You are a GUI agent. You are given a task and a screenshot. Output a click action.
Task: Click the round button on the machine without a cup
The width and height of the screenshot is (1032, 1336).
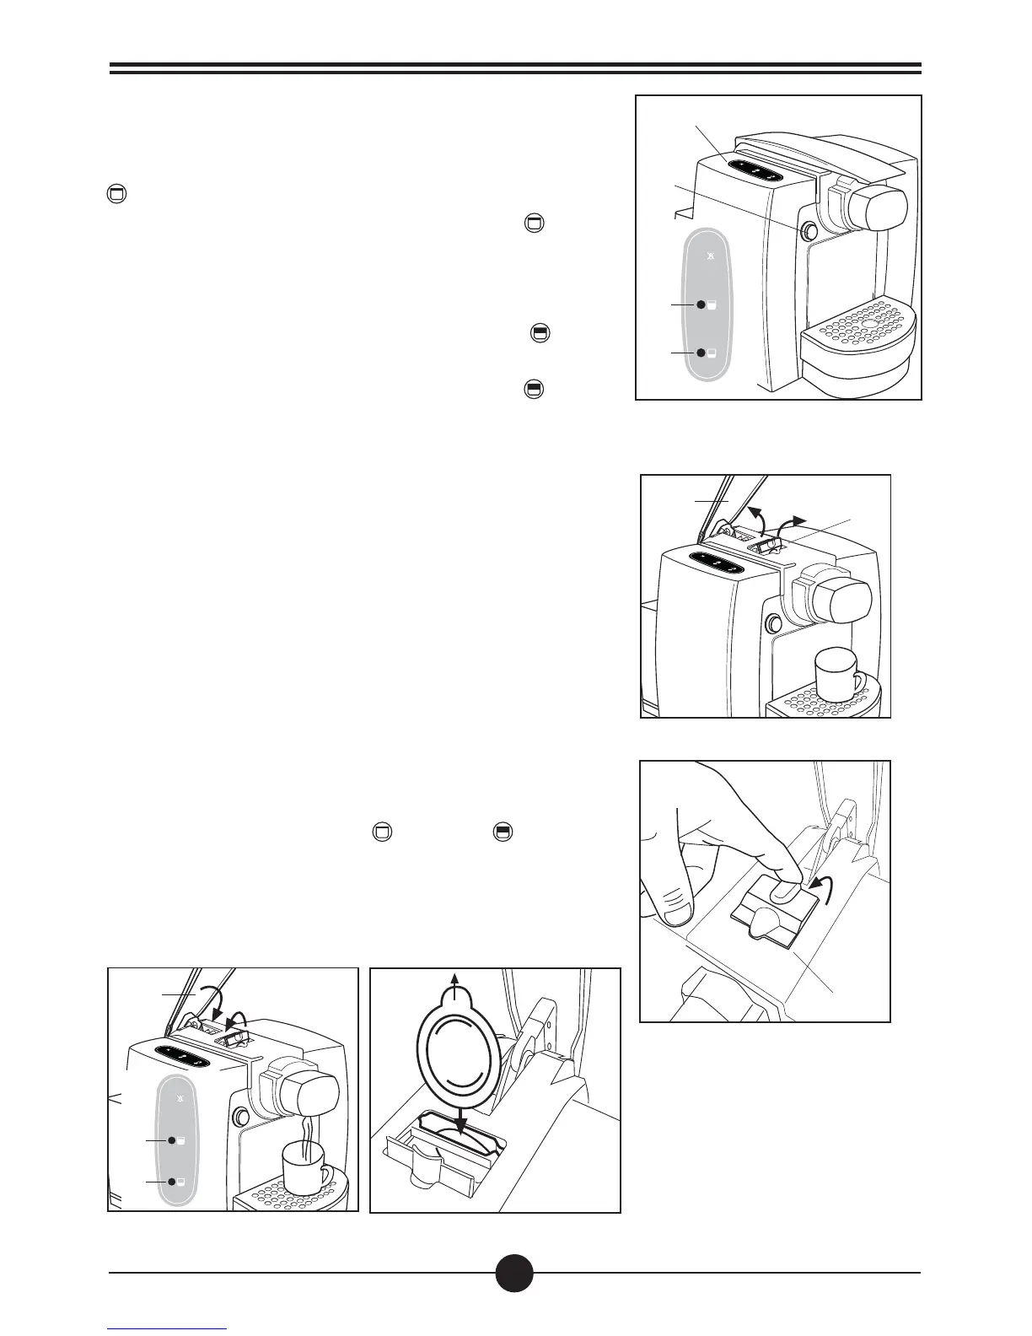point(809,230)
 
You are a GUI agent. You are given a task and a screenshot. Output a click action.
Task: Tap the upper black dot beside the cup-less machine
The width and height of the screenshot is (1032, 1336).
point(700,304)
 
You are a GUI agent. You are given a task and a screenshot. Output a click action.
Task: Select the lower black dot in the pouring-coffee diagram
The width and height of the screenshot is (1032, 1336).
point(171,1182)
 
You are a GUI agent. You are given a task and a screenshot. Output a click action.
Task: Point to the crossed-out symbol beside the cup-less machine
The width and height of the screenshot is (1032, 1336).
point(710,256)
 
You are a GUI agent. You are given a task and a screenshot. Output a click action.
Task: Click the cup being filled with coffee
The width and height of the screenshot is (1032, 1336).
point(304,1166)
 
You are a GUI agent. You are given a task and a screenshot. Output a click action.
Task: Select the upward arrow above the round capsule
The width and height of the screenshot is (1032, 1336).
point(456,982)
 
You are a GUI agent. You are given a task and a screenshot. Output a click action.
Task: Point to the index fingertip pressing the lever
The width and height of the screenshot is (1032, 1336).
point(787,893)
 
